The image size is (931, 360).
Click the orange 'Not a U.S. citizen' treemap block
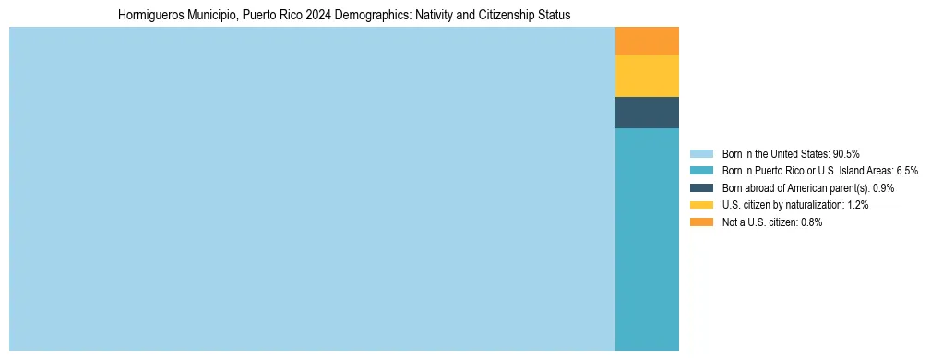coord(647,42)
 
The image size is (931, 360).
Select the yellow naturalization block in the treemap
coord(647,76)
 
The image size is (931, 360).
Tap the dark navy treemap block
coord(647,112)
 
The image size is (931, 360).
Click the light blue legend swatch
coord(701,153)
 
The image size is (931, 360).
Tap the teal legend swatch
coord(701,171)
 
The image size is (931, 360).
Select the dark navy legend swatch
coord(701,187)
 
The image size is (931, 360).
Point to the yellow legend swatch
coord(701,205)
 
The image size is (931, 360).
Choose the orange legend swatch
coord(701,222)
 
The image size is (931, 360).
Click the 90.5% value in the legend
coord(846,153)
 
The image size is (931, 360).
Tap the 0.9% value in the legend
coord(882,187)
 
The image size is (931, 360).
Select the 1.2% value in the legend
coord(857,205)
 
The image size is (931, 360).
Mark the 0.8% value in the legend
coord(811,222)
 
